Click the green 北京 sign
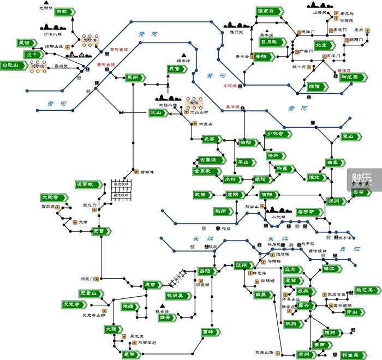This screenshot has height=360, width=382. pos(321,45)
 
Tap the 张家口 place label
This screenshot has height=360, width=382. pos(269,11)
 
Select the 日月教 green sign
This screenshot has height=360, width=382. pos(272,42)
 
